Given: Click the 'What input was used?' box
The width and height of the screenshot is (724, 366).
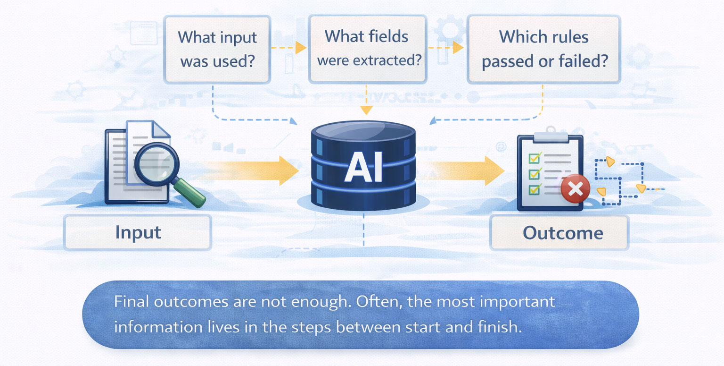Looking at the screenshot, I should [x=217, y=49].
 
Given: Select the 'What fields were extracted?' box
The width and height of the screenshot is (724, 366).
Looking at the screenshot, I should [x=367, y=49].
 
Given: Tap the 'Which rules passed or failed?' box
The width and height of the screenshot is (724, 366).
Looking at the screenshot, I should [x=543, y=49].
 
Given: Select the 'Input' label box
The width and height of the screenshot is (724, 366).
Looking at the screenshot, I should [x=138, y=232].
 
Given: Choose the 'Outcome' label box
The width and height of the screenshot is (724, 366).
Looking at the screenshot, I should [x=559, y=233].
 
